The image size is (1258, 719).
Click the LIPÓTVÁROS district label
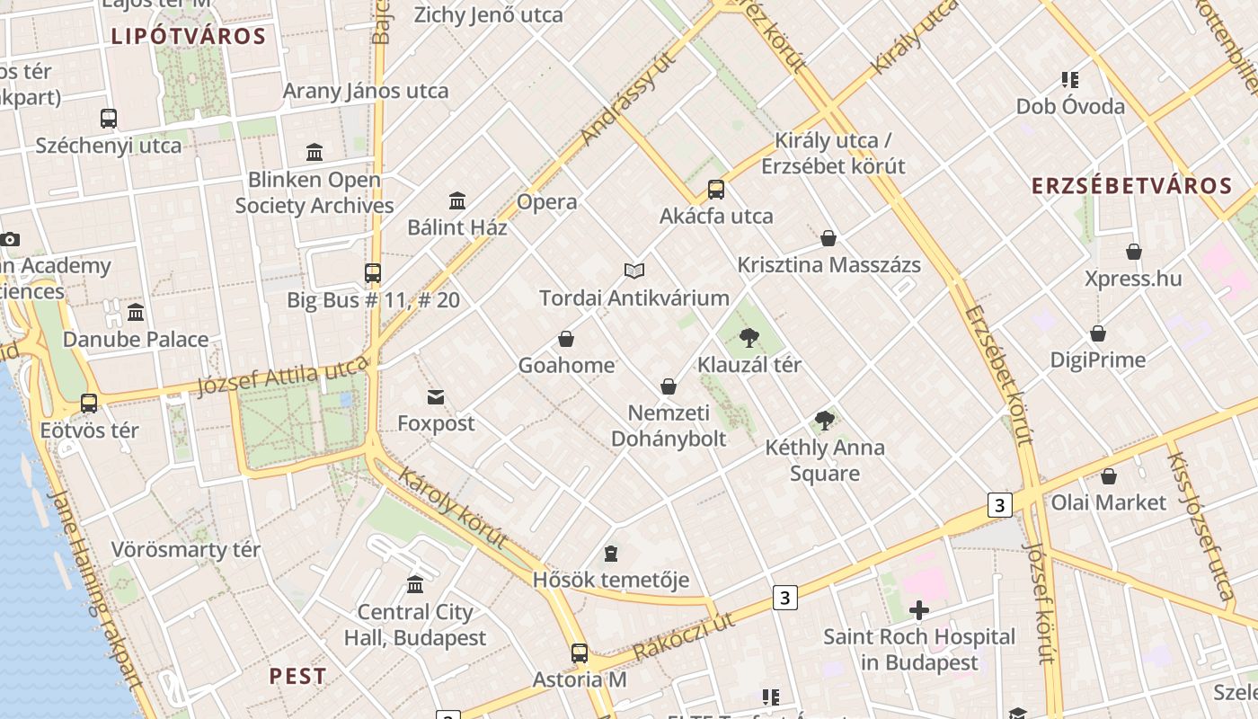point(189,37)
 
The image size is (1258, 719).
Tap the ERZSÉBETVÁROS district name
point(1131,186)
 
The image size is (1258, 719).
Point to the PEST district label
point(298,676)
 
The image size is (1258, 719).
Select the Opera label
point(546,202)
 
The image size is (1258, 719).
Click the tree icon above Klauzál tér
point(749,338)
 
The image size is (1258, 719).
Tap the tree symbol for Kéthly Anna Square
point(824,420)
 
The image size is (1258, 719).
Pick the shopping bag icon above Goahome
point(566,339)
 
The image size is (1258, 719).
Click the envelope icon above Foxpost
point(436,396)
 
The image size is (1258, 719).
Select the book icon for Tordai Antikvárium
point(634,271)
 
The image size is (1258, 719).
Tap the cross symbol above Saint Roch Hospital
point(919,611)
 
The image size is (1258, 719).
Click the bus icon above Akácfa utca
point(716,190)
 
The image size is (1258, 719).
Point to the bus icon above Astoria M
point(580,653)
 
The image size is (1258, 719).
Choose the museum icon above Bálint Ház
point(457,200)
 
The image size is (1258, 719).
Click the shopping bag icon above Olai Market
point(1109,476)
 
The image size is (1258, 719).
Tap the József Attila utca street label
point(282,376)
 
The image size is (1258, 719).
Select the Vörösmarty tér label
point(185,549)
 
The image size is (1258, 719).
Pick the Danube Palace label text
point(136,340)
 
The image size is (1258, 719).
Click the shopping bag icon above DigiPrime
point(1098,333)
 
